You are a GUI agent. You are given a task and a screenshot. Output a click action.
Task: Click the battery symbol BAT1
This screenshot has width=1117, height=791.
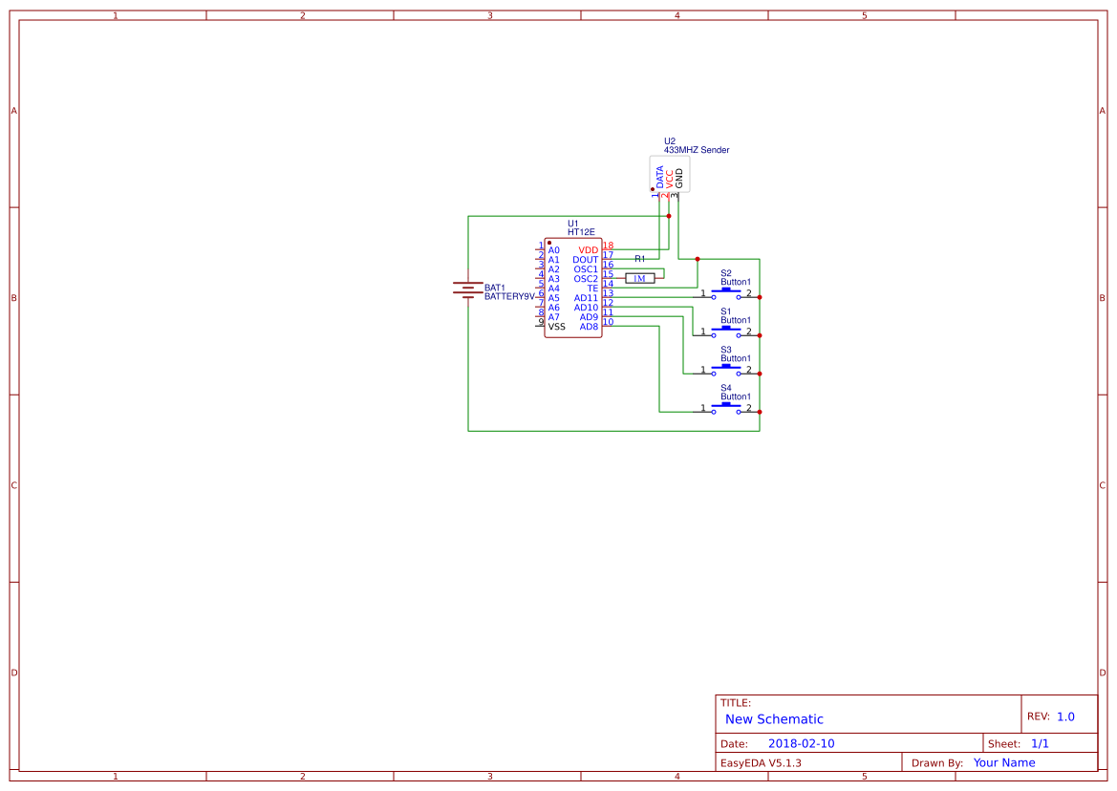[x=467, y=289]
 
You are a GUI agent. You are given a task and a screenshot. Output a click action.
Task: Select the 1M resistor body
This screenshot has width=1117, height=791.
[x=640, y=278]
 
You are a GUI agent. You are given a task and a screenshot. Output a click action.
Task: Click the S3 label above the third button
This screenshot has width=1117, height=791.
[x=726, y=350]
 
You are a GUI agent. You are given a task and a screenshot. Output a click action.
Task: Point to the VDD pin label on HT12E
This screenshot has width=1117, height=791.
[x=588, y=250]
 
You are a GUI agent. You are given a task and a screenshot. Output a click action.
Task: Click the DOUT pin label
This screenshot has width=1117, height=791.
[x=585, y=260]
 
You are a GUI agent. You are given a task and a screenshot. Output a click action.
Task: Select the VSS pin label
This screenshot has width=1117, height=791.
[x=556, y=327]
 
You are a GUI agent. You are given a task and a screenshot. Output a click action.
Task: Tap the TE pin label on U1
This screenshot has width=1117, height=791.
[x=592, y=289]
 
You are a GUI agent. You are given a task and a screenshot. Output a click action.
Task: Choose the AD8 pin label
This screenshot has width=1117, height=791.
[x=589, y=327]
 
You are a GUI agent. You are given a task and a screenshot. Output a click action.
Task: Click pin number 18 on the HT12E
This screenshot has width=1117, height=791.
[x=608, y=246]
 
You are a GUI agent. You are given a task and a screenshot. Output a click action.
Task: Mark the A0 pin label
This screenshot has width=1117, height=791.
[x=554, y=250]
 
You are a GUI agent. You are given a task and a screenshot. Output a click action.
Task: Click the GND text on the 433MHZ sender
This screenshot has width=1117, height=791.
[x=679, y=178]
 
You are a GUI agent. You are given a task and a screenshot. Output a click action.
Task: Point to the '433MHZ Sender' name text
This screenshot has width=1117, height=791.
[x=697, y=150]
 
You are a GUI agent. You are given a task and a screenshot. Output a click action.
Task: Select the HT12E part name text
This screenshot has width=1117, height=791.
[x=581, y=232]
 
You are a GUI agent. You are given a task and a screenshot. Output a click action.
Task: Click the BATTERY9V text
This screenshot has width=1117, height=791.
[x=509, y=296]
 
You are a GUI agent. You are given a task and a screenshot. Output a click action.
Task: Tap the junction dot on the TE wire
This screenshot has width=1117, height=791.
[x=698, y=259]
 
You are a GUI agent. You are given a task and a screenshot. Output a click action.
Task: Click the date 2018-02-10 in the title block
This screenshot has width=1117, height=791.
[x=801, y=743]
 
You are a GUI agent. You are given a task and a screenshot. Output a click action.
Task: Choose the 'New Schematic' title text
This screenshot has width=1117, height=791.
[x=774, y=719]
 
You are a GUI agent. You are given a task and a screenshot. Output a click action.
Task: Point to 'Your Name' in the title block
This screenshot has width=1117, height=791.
[x=1004, y=762]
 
